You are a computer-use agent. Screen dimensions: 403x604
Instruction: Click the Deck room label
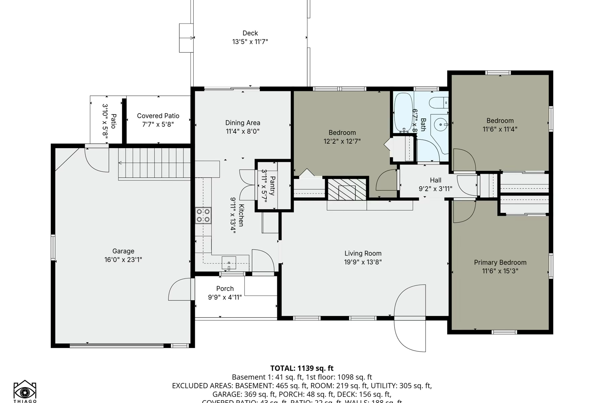[x=250, y=33]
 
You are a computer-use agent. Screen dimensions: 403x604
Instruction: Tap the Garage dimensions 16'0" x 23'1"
[x=123, y=260]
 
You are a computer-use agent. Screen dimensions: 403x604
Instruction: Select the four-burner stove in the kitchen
[x=203, y=215]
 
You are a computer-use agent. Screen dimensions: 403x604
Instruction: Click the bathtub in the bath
[x=403, y=112]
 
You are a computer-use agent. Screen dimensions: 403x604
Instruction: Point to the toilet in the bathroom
[x=439, y=102]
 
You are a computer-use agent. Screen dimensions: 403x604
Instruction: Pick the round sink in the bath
[x=440, y=125]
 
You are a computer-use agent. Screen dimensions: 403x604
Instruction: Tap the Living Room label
[x=363, y=253]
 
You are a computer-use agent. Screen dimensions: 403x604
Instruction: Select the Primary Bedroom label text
[x=500, y=262]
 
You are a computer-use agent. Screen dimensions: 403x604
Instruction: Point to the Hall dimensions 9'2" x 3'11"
[x=435, y=189]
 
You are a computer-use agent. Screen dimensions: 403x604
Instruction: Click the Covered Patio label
[x=158, y=116]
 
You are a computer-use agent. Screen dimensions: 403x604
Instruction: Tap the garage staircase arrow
[x=120, y=163]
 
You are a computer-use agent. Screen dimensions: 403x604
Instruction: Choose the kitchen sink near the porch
[x=229, y=262]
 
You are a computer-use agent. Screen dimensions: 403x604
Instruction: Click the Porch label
[x=225, y=288]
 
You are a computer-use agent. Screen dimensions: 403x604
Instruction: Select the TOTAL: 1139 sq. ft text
[x=302, y=368]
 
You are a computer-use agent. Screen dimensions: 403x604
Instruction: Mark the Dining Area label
[x=243, y=123]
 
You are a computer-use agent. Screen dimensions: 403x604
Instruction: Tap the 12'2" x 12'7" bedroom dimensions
[x=342, y=141]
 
